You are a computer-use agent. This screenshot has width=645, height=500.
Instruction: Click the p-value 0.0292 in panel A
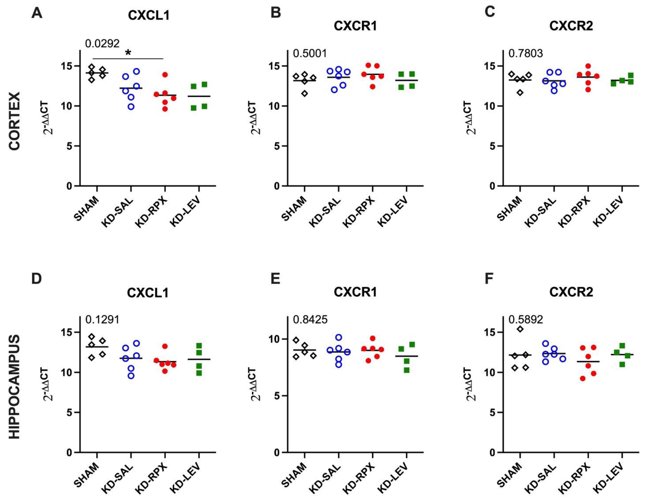(x=102, y=44)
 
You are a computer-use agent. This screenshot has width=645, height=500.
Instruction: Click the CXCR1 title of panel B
(x=355, y=26)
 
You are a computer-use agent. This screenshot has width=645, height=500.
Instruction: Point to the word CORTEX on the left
(x=14, y=121)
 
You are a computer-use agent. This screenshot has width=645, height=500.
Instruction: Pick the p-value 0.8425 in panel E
(x=310, y=320)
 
